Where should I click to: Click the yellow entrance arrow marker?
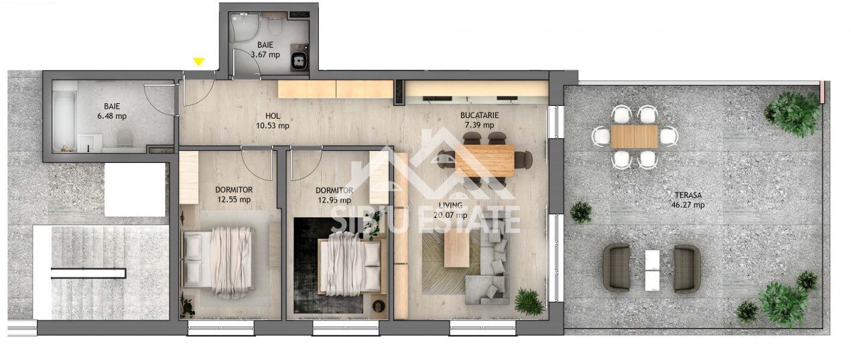pos(198,62)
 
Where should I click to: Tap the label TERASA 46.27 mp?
pos(688,200)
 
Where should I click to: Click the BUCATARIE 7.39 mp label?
pos(479,120)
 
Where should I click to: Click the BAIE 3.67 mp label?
pos(265,50)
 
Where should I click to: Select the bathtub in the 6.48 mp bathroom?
pos(64,115)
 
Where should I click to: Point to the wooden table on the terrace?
pos(635,137)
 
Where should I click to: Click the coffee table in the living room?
pos(456,249)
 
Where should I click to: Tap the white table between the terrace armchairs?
pos(652,269)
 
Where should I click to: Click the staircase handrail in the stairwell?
pos(88,273)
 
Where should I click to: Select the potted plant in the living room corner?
pos(529,302)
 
